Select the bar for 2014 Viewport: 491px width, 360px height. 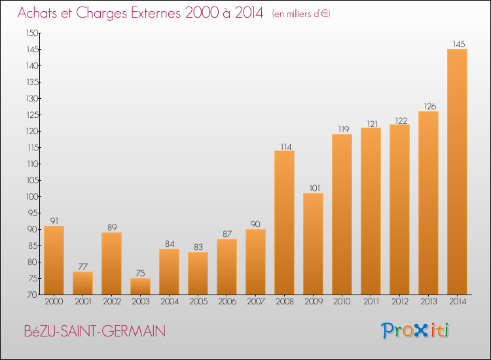click(x=457, y=172)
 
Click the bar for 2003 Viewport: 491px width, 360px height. click(x=140, y=287)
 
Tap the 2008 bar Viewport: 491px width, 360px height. click(x=284, y=223)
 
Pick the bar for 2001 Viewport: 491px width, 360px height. click(x=82, y=283)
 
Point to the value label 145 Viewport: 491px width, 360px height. click(x=459, y=44)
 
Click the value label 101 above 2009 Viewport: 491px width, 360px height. click(x=315, y=188)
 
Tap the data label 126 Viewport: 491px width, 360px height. click(x=430, y=107)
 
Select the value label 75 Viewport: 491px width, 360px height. click(x=140, y=274)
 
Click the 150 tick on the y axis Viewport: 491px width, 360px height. click(x=32, y=33)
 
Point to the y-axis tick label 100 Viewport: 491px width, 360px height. click(x=32, y=196)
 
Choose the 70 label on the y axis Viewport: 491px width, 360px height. click(x=33, y=295)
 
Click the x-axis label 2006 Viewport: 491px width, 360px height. click(x=227, y=302)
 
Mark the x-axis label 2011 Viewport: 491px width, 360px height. click(x=371, y=302)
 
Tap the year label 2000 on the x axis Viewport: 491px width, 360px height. click(x=54, y=302)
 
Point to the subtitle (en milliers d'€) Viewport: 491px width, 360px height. click(x=301, y=14)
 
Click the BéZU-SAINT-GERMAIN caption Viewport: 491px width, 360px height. click(x=94, y=331)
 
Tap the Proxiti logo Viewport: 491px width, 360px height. click(x=415, y=331)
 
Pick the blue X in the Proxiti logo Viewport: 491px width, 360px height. click(x=420, y=331)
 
